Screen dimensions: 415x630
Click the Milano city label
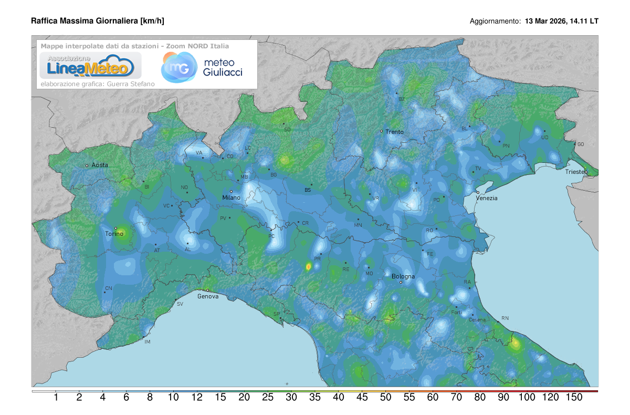(231, 198)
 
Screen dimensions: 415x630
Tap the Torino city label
(114, 234)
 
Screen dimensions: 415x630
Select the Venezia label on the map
(486, 198)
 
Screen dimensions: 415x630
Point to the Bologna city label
(403, 276)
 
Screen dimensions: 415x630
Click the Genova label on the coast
(208, 296)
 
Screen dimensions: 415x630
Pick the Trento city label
(394, 132)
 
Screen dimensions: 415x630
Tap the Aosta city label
(100, 165)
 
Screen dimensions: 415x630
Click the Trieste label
(575, 172)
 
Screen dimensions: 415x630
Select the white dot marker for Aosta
(87, 165)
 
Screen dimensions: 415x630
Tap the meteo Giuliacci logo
(202, 67)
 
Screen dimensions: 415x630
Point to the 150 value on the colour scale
(574, 398)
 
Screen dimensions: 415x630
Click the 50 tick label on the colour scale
(385, 398)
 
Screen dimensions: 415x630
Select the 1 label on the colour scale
(56, 398)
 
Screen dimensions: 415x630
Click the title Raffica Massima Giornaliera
(98, 21)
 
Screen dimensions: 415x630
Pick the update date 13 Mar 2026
(545, 22)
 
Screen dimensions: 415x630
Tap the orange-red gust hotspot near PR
(308, 267)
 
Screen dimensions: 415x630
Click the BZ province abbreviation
(402, 99)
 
